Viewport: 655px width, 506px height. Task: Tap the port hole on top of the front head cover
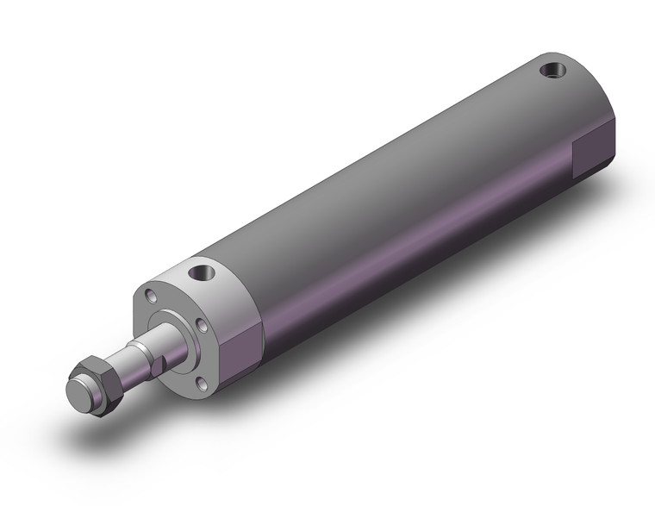click(203, 273)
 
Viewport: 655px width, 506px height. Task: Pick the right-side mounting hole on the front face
click(203, 327)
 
